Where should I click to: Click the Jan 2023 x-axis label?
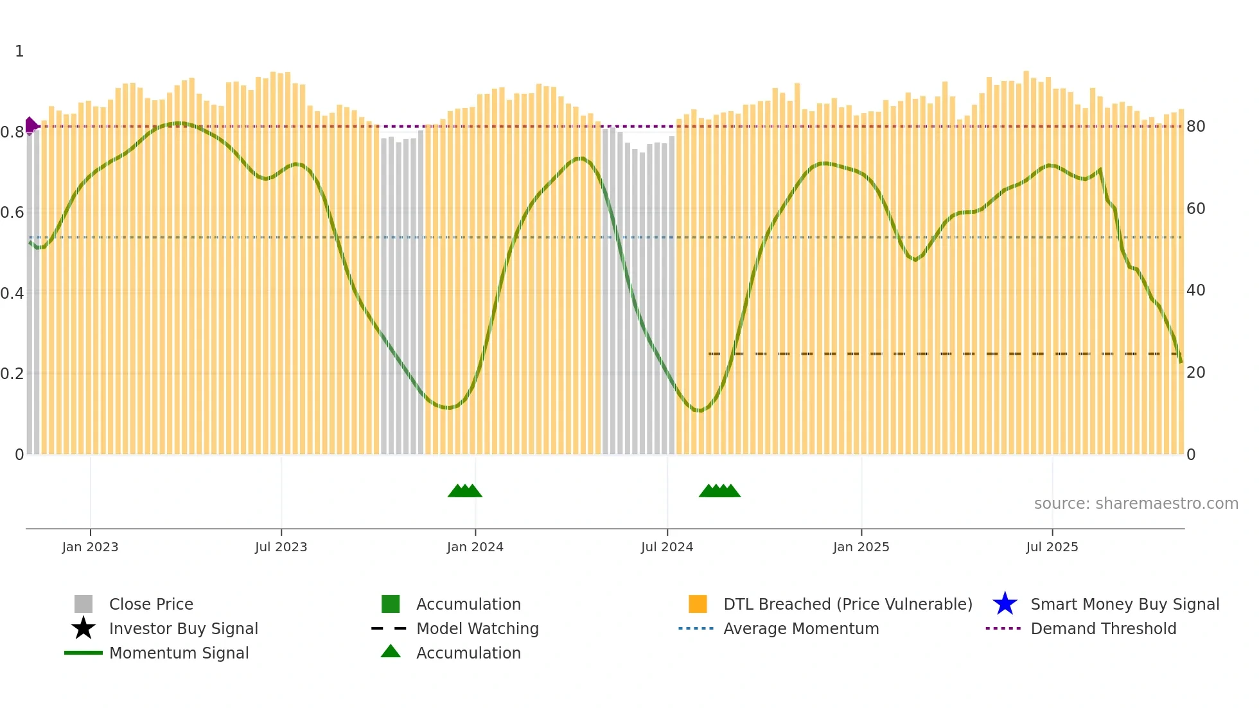click(x=90, y=547)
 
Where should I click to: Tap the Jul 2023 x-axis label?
click(x=281, y=547)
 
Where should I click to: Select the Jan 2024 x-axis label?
click(x=475, y=547)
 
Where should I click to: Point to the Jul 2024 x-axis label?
click(x=667, y=547)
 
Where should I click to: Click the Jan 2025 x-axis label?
click(x=861, y=547)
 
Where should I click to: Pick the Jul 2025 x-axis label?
click(x=1052, y=547)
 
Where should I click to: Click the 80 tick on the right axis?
click(x=1195, y=127)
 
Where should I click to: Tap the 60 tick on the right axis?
click(x=1195, y=209)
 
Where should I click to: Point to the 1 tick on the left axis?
click(x=19, y=51)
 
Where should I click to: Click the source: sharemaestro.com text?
click(x=1136, y=504)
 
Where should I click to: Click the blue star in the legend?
click(x=1005, y=604)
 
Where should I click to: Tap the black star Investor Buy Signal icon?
click(x=84, y=628)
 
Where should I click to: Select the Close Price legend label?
click(x=151, y=604)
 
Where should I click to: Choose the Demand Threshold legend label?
click(x=1103, y=628)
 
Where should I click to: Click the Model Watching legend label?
click(x=477, y=628)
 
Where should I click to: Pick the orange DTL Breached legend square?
click(x=698, y=604)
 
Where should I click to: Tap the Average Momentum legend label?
click(x=801, y=628)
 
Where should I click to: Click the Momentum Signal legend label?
click(x=179, y=653)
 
